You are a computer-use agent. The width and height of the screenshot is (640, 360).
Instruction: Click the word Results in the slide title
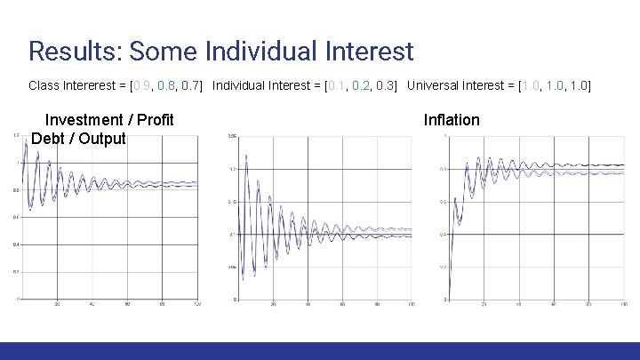(73, 51)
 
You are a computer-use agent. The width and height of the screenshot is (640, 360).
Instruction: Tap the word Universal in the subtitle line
(439, 86)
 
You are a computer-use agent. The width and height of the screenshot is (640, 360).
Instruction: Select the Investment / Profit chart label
(109, 120)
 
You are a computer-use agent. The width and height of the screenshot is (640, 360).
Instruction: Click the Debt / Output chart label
(78, 139)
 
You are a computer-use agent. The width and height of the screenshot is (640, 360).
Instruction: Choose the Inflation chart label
(452, 120)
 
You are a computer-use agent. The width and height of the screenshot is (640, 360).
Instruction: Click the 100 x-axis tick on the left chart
(197, 305)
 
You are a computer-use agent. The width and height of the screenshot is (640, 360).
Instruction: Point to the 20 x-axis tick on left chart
(58, 305)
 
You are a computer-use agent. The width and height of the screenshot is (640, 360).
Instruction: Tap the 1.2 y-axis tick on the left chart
(17, 136)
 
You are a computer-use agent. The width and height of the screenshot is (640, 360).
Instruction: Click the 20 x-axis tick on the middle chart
(273, 305)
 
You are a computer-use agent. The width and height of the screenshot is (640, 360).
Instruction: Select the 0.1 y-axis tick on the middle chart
(232, 234)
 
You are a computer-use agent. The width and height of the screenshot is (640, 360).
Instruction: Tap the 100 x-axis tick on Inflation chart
(622, 305)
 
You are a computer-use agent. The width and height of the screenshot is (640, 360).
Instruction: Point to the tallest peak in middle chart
(244, 156)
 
